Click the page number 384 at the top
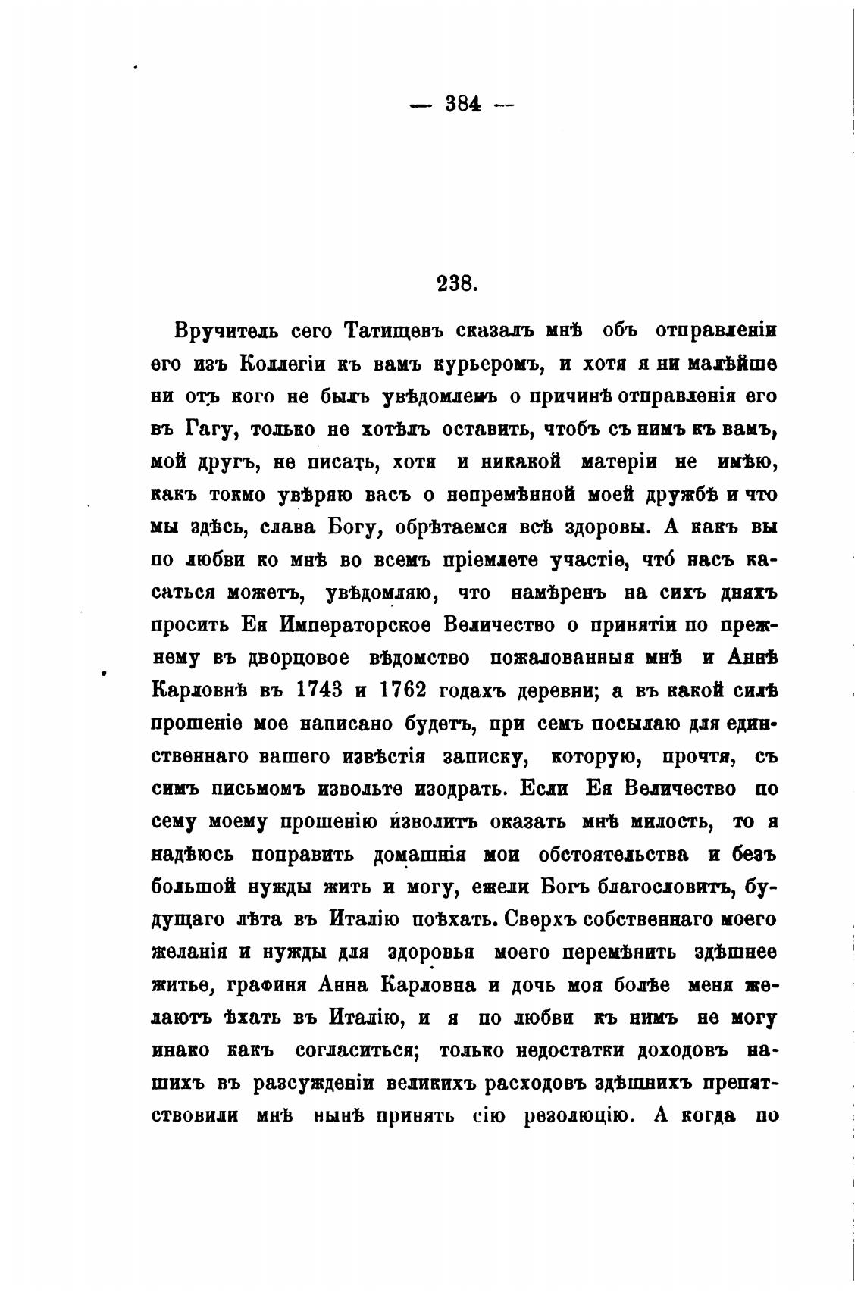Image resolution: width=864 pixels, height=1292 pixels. coord(462,105)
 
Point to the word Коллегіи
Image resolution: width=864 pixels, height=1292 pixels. coord(283,364)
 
